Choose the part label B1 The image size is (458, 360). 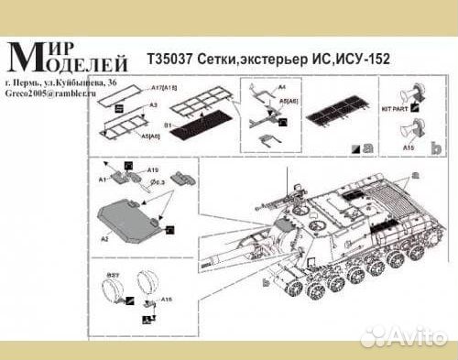(x=169, y=120)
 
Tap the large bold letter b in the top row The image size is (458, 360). (x=437, y=146)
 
